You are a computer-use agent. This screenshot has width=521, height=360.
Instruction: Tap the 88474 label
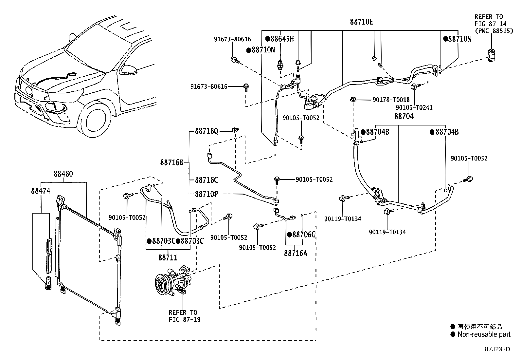tap(41, 191)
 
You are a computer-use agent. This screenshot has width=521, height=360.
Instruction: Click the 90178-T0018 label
tap(391, 100)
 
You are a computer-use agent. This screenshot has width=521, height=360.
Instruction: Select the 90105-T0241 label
tap(414, 107)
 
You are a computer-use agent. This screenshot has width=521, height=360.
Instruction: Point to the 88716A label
tap(296, 253)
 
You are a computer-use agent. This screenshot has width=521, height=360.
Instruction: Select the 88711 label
tap(168, 257)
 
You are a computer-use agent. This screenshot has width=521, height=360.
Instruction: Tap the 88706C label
tap(303, 235)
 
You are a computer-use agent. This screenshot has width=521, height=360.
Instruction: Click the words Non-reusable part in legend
tap(484, 334)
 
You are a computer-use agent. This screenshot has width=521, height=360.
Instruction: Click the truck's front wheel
tap(97, 120)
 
